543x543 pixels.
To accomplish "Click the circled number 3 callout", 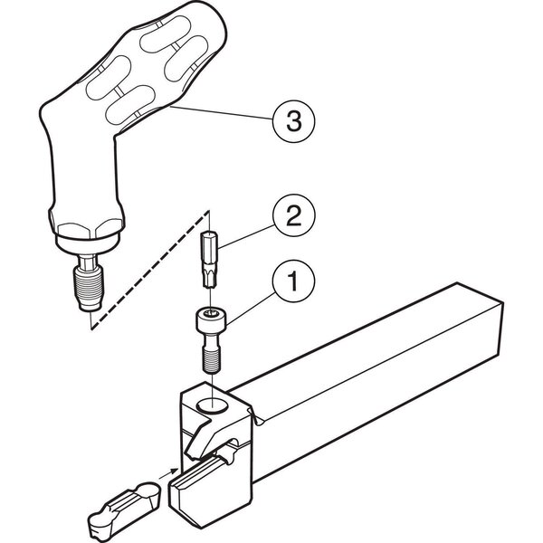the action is [293, 121].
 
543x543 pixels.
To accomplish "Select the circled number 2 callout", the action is [293, 215].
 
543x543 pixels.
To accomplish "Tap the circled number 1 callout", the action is [293, 281].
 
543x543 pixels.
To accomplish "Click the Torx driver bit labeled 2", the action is [210, 260].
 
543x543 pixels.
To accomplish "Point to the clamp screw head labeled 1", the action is [211, 321].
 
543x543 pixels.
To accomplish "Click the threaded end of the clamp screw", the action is [211, 361].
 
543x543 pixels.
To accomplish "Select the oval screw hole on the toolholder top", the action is [212, 405].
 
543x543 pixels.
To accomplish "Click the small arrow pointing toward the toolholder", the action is [168, 473].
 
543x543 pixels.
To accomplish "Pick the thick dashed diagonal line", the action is [150, 270].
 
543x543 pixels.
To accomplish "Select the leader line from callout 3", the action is [222, 113].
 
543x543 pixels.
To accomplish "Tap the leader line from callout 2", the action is [245, 236].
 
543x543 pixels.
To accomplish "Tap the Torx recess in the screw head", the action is [211, 313].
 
